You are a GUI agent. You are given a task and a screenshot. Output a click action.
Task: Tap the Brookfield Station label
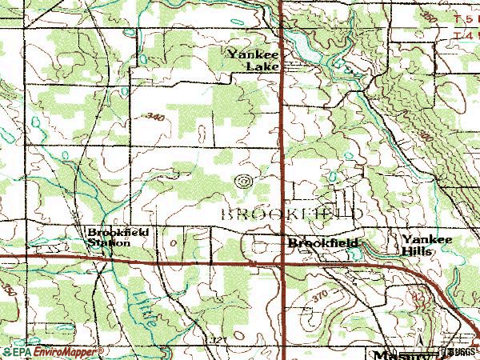pyautogui.click(x=112, y=238)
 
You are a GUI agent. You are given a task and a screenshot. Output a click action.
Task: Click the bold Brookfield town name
pyautogui.click(x=322, y=242)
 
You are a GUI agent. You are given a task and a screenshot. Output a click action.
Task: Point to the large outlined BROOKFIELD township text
pyautogui.click(x=291, y=214)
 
